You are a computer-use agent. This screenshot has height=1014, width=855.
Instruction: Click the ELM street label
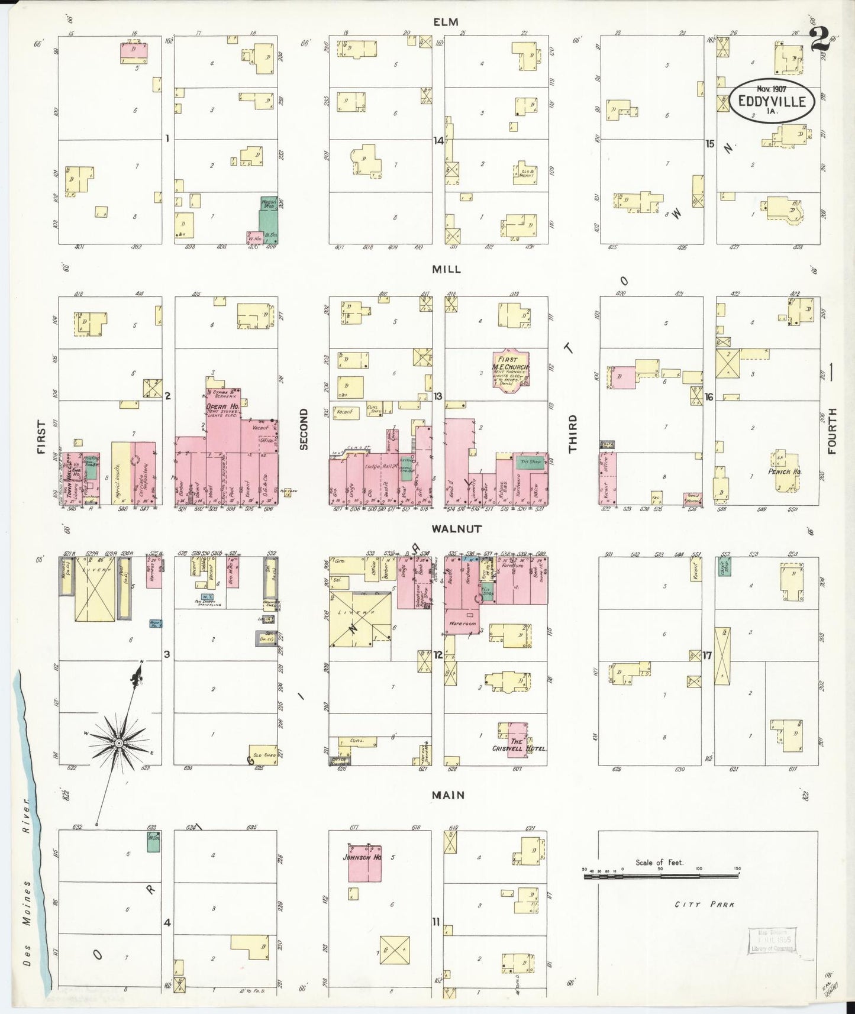[x=446, y=22]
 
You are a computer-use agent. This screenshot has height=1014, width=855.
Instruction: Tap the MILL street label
[x=446, y=270]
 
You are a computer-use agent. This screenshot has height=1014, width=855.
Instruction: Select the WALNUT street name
[x=448, y=529]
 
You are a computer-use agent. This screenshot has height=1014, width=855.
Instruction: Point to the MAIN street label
[x=448, y=795]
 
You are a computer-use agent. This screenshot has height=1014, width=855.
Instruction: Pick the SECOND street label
[x=304, y=429]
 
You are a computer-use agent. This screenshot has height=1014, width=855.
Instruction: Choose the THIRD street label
[x=573, y=434]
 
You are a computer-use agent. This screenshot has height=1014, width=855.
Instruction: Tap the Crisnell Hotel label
[x=518, y=745]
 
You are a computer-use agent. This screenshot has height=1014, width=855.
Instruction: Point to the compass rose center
[x=119, y=742]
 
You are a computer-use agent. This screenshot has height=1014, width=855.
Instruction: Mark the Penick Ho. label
[x=785, y=472]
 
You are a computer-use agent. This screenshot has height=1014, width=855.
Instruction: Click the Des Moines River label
[x=27, y=887]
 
